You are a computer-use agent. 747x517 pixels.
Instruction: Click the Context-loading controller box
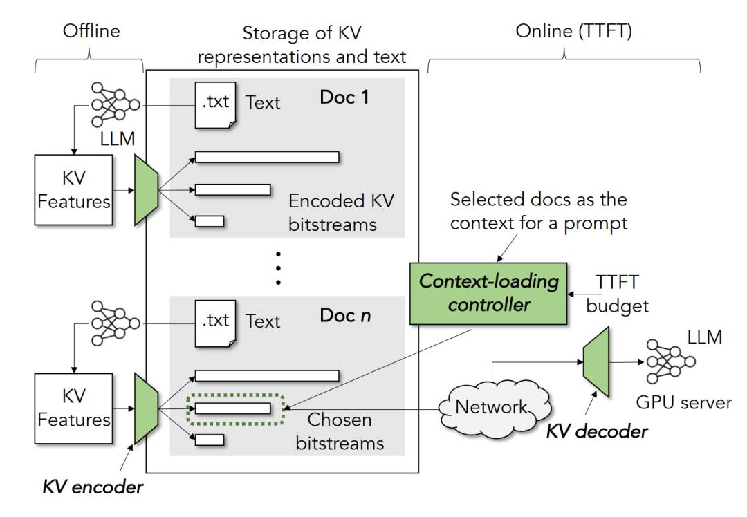click(x=488, y=293)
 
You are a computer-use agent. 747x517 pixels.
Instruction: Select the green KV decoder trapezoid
click(x=596, y=364)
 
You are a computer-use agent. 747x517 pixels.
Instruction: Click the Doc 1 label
click(x=344, y=97)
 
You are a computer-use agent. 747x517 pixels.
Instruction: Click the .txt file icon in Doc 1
click(x=215, y=104)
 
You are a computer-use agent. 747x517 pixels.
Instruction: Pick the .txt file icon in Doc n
click(x=215, y=323)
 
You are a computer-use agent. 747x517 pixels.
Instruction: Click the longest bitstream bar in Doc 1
click(x=267, y=157)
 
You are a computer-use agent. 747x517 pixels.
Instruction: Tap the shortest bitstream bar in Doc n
click(x=210, y=440)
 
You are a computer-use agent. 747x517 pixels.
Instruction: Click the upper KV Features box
click(x=73, y=189)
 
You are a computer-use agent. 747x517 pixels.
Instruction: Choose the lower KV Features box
click(x=73, y=408)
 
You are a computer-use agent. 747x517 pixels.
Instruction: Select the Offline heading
click(x=91, y=31)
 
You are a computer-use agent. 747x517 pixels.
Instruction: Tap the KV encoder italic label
click(x=93, y=487)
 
